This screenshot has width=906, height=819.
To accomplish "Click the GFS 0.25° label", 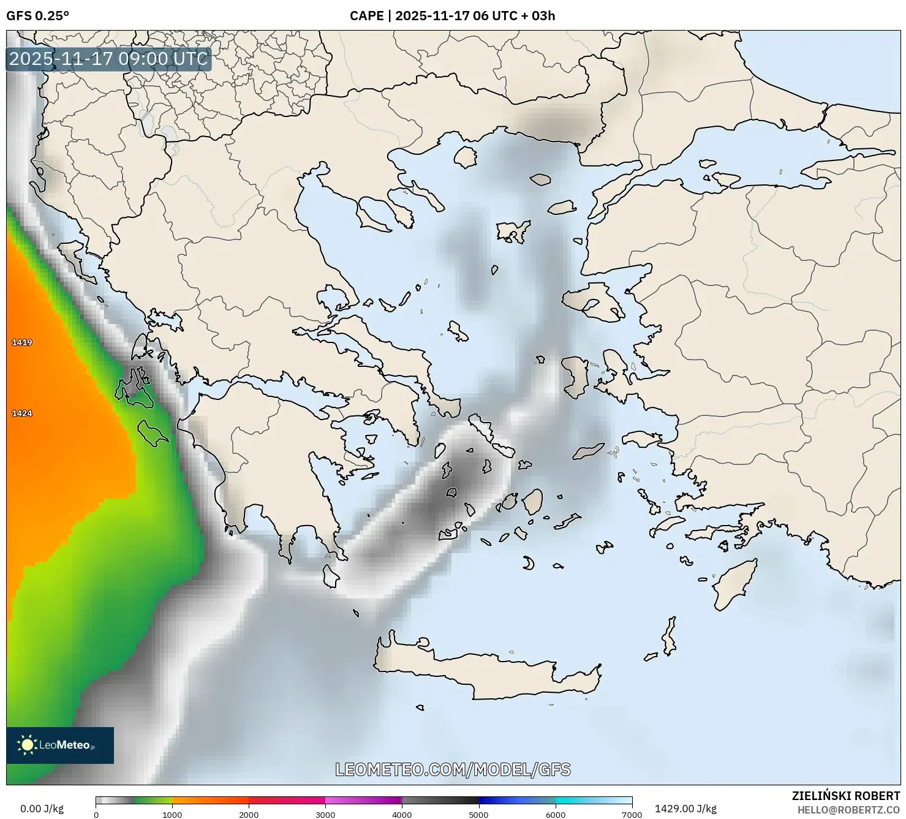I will coord(37,16).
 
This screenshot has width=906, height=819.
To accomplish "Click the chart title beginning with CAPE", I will coord(452,16).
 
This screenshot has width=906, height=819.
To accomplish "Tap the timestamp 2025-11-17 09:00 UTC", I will coord(108,59).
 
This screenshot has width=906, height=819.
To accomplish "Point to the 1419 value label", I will coord(22,342).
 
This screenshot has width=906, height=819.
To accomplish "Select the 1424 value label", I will coord(22,413).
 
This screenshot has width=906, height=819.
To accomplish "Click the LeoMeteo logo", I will coord(60,745).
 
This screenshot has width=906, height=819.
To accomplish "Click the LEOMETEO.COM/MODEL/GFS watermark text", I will coord(453,769).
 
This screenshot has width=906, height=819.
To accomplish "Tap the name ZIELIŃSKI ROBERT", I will coord(846,796).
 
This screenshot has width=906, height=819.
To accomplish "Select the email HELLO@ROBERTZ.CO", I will coord(852,810).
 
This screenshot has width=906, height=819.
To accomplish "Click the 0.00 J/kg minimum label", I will coord(42,809).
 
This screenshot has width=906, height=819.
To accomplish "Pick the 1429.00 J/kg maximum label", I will coord(685,809).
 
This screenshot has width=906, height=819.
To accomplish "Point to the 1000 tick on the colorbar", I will coord(172,815).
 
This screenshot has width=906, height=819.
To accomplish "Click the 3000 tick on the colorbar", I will coord(325,815).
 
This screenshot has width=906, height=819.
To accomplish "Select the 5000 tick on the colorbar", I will coord(478,815).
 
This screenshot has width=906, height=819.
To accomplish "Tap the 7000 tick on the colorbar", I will coord(632,815).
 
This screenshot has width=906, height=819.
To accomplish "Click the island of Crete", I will coord(490,674).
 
